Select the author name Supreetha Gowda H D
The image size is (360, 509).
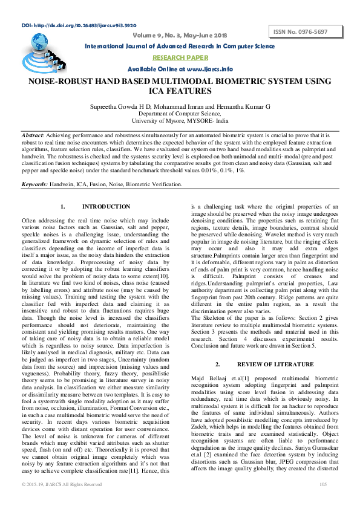point(128,105)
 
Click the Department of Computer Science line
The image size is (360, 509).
point(180,113)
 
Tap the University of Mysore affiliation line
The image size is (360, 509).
point(180,120)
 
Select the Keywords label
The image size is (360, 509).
point(35,183)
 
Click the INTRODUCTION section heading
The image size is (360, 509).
point(106,207)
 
